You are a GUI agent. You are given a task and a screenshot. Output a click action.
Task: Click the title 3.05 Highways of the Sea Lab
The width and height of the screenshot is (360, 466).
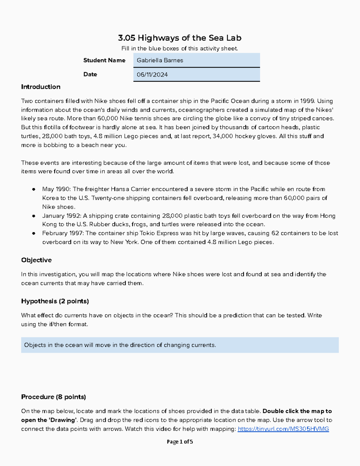[x=180, y=38]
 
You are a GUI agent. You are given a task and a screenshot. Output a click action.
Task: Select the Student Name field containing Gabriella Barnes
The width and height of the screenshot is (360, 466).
[x=196, y=60]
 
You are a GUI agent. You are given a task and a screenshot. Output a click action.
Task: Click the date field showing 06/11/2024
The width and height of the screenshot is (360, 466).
[x=196, y=75]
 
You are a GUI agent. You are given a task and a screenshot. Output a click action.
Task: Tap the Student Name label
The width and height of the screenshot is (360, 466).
[x=104, y=60]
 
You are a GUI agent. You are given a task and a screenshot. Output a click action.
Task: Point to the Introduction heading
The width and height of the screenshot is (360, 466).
[x=40, y=87]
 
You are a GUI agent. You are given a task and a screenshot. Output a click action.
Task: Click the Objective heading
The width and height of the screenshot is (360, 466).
[x=36, y=260]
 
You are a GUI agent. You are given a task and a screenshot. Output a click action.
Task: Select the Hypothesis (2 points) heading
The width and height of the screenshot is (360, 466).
[x=55, y=301]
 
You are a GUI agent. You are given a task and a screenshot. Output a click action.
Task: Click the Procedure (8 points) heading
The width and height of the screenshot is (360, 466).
[x=53, y=397]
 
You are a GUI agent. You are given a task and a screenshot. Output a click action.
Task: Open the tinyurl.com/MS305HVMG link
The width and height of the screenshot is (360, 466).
[x=283, y=429]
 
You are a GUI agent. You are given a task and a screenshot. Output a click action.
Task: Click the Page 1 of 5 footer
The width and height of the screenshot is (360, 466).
[x=180, y=442]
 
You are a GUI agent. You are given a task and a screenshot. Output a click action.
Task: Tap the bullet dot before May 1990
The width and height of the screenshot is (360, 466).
[x=34, y=189]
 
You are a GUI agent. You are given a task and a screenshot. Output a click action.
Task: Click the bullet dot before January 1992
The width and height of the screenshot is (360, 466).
[x=34, y=216]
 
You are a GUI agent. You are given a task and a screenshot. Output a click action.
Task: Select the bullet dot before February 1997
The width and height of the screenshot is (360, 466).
[x=34, y=233]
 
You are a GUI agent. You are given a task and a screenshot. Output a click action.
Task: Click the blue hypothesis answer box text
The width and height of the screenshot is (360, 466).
[x=120, y=345]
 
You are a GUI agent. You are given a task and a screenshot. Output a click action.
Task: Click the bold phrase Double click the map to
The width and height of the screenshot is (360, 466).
[x=297, y=411]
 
